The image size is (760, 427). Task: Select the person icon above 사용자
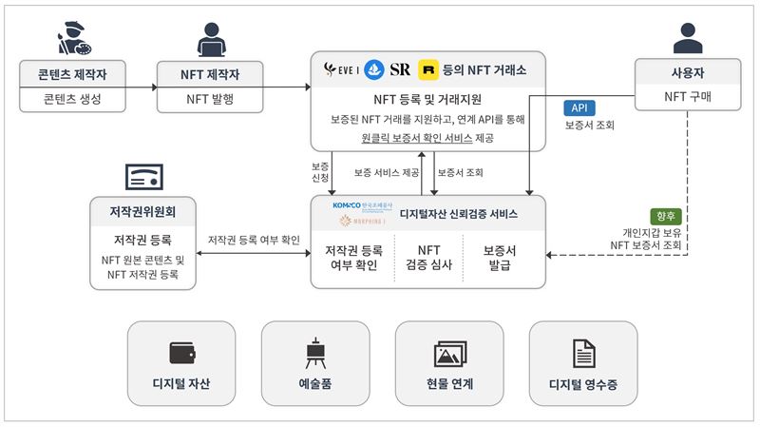[687, 36]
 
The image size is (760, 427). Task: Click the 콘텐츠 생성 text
[72, 98]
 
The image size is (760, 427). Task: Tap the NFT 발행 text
[210, 98]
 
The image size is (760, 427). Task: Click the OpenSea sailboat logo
[373, 69]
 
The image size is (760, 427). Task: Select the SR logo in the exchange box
[400, 69]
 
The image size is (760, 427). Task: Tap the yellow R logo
[428, 69]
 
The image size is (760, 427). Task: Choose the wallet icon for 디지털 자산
[181, 353]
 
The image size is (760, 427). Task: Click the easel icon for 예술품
[314, 353]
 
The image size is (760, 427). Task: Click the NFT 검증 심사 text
[428, 257]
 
